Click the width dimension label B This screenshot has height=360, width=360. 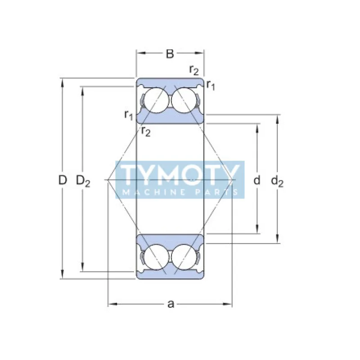(x=170, y=54)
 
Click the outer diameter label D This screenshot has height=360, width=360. (x=63, y=180)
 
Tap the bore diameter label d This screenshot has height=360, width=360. (x=257, y=181)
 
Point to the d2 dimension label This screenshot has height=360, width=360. (x=277, y=181)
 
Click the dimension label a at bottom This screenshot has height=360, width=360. (x=170, y=304)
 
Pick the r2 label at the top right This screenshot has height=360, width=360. (x=194, y=70)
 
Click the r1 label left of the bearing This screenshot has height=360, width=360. (x=129, y=115)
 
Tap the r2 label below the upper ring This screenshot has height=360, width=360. (x=145, y=131)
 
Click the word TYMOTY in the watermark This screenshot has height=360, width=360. (x=180, y=174)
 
